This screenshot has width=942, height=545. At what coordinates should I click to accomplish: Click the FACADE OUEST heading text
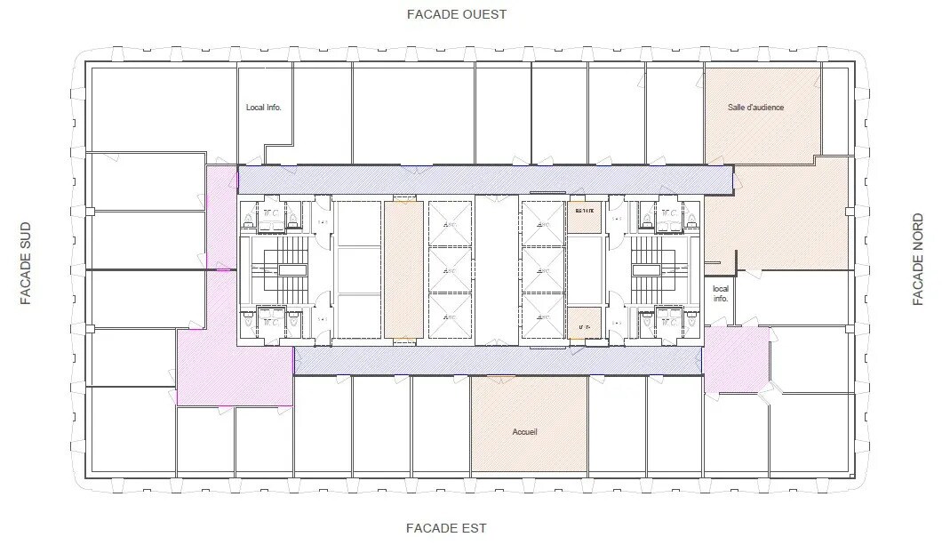click(456, 14)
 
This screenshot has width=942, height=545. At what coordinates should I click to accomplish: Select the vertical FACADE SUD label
click(26, 263)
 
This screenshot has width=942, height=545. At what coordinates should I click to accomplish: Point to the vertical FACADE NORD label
click(920, 260)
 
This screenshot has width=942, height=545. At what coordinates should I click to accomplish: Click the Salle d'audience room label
click(755, 108)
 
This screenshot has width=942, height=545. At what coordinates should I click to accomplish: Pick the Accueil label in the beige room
click(525, 432)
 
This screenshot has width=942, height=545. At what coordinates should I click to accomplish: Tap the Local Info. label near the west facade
click(264, 108)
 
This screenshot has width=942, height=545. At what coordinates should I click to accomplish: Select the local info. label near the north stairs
click(720, 293)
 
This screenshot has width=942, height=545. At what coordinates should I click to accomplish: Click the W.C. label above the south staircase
click(270, 214)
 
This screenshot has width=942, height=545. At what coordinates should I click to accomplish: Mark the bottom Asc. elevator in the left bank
click(450, 317)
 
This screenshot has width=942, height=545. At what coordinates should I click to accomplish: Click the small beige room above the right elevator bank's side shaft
click(585, 214)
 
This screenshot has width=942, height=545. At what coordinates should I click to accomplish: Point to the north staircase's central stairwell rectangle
click(645, 268)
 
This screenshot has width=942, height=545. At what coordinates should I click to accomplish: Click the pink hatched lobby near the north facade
click(737, 359)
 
